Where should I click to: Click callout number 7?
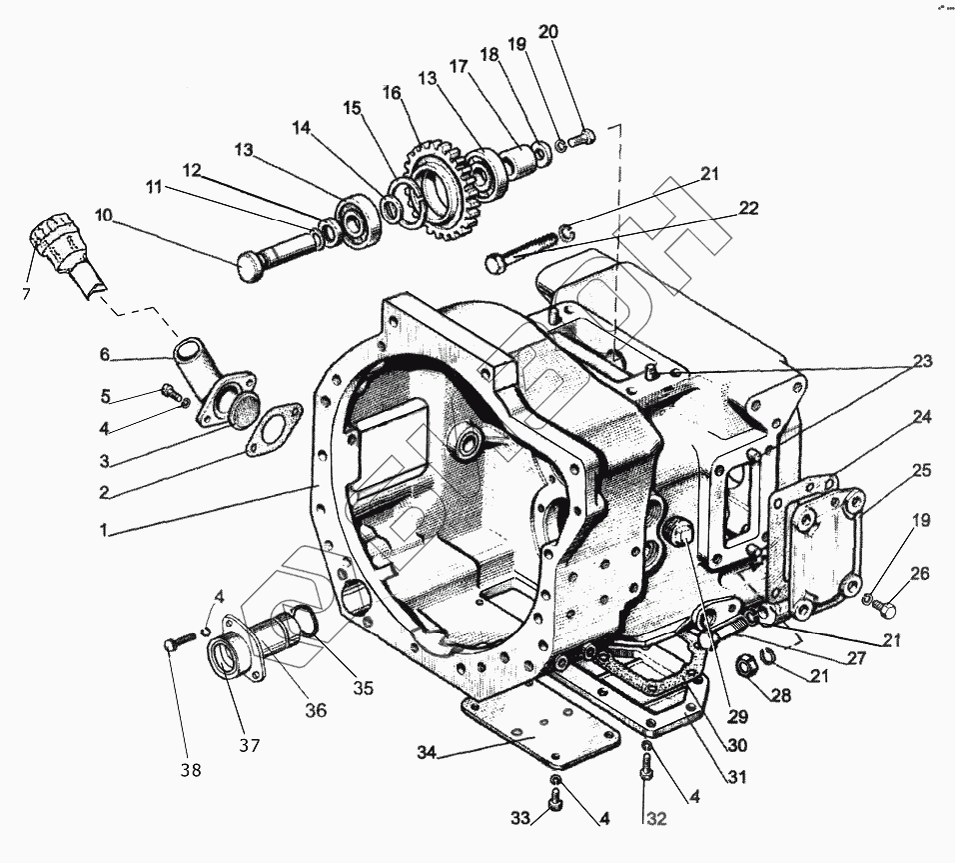pos(27,294)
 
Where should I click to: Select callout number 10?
pos(106,215)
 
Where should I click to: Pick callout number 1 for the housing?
pos(102,532)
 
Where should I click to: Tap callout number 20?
pos(547,33)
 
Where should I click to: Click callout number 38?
pos(190,769)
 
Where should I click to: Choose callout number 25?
pos(921,470)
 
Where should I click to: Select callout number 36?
pos(316,711)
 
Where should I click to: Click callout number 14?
pos(302,128)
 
